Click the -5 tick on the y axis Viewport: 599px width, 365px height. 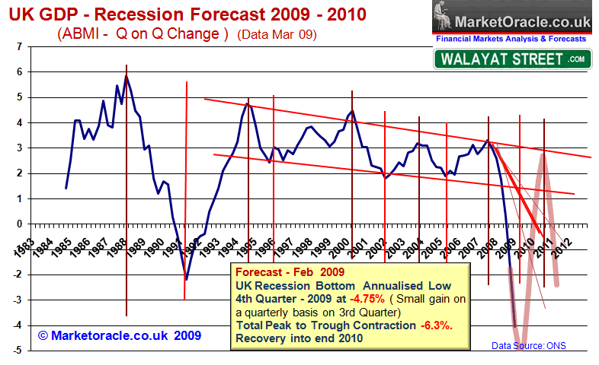(x=16, y=351)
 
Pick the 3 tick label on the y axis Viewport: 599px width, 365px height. (x=18, y=148)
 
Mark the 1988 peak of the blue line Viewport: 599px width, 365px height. (x=127, y=75)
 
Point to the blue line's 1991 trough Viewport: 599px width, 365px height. (x=186, y=279)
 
